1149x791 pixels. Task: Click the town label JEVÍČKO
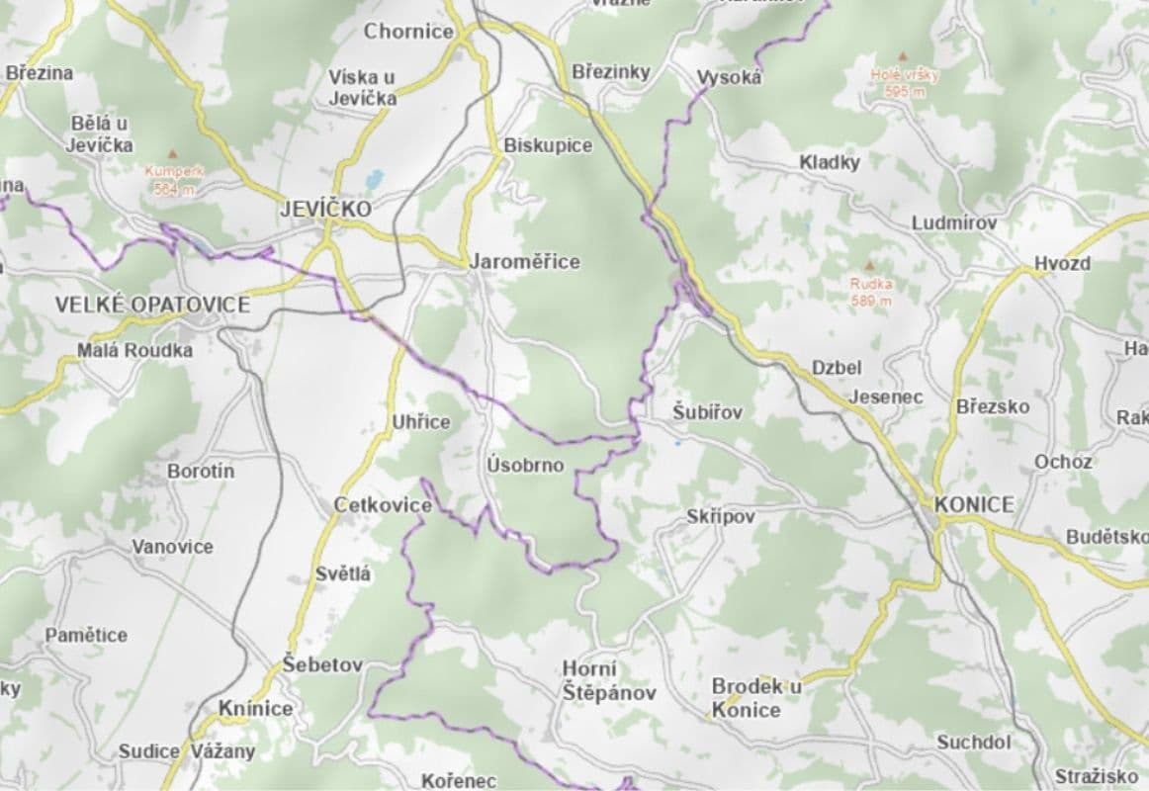325,210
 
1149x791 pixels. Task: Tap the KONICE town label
974,505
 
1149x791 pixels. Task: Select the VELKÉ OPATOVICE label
152,305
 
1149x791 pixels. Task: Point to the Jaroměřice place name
524,262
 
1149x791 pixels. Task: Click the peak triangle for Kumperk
174,154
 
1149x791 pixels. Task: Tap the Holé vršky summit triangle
902,57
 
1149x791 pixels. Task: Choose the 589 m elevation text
871,301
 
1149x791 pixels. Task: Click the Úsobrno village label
525,465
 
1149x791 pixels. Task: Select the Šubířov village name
707,411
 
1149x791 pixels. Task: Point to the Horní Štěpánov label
608,681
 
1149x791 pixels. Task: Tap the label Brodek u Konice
756,698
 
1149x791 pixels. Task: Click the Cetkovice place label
383,505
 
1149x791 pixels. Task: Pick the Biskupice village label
548,145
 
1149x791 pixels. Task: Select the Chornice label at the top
408,31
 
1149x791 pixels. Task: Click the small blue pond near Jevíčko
374,180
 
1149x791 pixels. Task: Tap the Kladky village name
830,162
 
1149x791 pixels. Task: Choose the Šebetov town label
322,664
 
